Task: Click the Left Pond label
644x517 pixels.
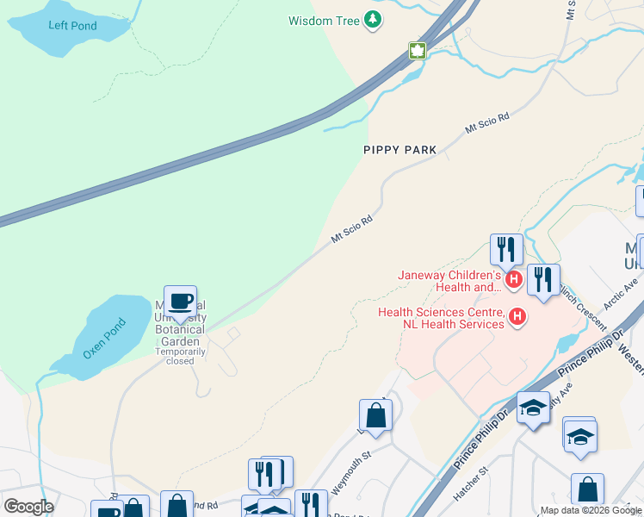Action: pos(72,26)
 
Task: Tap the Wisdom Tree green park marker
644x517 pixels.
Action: pos(373,20)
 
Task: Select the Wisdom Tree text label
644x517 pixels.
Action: pos(324,20)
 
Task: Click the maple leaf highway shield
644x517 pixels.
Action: pos(418,51)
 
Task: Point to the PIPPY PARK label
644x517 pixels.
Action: pos(399,150)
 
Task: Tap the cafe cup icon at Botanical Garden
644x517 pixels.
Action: pos(180,302)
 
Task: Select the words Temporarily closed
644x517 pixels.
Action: pos(181,356)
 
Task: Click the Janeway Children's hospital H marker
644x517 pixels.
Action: pos(514,279)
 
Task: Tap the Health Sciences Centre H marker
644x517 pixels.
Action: pos(517,318)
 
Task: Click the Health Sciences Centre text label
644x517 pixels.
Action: pos(441,318)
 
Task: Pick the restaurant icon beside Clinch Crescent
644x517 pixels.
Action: pos(543,279)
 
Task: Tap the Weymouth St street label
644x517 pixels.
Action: pos(326,471)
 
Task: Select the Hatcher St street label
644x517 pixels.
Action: pos(471,484)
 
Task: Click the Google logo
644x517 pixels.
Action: pos(28,506)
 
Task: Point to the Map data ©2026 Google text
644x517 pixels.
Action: pos(591,510)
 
